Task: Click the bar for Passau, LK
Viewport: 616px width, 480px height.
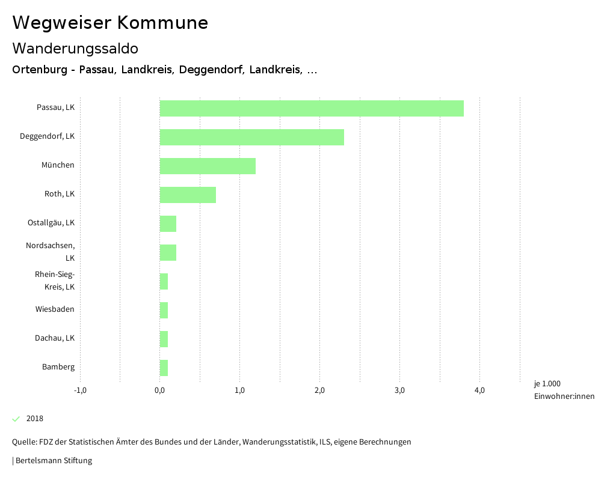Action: point(312,108)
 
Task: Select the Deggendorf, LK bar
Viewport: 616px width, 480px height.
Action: point(251,137)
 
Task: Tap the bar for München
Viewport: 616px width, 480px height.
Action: point(208,166)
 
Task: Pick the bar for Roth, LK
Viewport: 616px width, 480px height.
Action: point(188,195)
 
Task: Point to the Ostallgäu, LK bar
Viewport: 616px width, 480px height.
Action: point(168,223)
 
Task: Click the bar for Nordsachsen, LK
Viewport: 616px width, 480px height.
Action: point(168,252)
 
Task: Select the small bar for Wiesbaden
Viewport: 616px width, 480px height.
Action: point(164,310)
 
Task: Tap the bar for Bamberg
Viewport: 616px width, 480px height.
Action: point(164,368)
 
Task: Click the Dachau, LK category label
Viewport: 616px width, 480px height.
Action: point(55,338)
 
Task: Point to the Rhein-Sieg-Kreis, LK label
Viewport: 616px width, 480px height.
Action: point(55,281)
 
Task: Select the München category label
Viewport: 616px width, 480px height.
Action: point(58,165)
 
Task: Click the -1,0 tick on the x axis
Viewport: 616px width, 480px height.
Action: point(80,390)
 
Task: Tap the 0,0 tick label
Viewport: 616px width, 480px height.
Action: point(160,390)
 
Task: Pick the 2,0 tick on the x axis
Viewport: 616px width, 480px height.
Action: point(319,390)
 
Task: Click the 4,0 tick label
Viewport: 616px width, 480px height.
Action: point(479,390)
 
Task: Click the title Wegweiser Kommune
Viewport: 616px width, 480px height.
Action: point(110,23)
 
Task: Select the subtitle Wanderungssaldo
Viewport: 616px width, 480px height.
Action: point(75,48)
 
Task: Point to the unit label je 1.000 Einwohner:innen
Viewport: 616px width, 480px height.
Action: point(564,390)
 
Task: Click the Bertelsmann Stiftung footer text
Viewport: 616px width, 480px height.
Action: point(53,461)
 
